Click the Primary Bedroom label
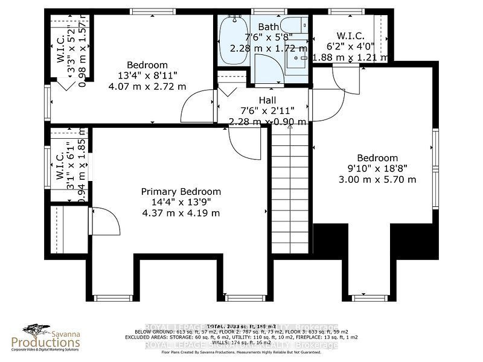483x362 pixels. pos(181,191)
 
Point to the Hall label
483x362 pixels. pos(267,99)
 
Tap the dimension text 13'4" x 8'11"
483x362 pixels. pos(147,76)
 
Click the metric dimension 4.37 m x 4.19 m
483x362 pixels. pos(181,213)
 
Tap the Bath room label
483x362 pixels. pos(268,27)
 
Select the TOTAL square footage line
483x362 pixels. pos(241,326)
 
